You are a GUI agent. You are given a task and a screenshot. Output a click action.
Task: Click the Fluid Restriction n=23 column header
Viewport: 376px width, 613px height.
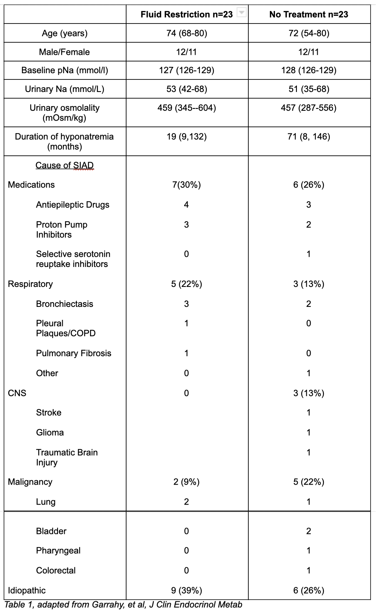186,14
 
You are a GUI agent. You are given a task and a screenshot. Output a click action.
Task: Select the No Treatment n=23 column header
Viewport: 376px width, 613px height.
309,14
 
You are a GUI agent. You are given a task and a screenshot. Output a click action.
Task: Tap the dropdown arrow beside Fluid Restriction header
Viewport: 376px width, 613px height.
242,13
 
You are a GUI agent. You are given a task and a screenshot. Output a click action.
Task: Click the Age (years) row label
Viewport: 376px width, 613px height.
65,33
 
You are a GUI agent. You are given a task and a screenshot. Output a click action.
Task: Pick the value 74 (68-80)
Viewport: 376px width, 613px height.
186,33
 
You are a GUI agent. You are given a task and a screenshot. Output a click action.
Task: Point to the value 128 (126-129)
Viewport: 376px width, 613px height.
309,70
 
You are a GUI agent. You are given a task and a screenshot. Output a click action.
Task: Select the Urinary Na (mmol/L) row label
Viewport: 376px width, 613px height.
65,89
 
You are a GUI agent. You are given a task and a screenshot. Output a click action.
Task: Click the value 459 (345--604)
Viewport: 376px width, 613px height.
186,108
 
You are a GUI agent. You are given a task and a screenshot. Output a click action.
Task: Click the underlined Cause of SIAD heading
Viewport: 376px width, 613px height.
65,166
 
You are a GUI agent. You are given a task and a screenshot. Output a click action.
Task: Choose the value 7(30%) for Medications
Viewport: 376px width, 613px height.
186,185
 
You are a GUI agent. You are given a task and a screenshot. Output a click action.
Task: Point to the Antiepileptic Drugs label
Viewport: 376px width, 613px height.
72,205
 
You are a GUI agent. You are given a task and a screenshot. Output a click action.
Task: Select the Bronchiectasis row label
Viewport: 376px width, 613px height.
65,304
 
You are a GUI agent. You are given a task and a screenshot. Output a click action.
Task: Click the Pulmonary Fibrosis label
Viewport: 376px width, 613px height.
74,353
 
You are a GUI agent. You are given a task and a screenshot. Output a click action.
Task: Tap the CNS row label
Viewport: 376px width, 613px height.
17,393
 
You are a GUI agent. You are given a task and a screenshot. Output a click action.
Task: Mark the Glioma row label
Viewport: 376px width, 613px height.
50,433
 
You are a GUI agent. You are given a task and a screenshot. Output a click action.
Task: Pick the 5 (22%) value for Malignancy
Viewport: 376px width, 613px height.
309,482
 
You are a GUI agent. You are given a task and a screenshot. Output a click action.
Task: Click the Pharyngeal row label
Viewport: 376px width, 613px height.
58,551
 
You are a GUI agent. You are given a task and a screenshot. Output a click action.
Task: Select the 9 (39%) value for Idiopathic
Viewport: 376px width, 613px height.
186,590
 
